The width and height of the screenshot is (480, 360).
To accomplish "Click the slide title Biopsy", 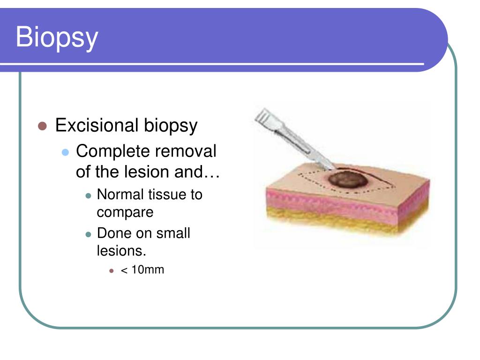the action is (x=57, y=37).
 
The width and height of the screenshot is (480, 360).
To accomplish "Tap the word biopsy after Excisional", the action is (x=171, y=126).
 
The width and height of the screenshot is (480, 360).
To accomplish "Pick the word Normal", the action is (x=120, y=195).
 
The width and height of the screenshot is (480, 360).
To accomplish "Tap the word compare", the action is (x=125, y=213).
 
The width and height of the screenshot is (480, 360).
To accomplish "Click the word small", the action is (x=173, y=233).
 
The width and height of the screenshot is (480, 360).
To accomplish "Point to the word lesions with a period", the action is (x=121, y=251).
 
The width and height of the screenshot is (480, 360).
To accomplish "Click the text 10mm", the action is (x=148, y=270).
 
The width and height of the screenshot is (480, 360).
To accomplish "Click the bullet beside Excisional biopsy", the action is (x=42, y=126).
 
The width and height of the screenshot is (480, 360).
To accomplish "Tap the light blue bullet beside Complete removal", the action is (x=65, y=152).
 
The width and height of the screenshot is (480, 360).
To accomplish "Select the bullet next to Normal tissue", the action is (x=89, y=196).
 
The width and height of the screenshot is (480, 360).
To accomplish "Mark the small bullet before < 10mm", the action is (x=112, y=271).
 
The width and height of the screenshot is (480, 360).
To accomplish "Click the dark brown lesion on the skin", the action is (x=348, y=180).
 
